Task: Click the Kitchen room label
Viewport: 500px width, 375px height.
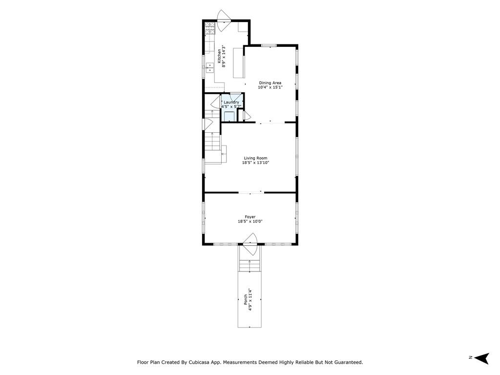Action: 219,56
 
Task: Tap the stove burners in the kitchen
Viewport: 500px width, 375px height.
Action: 209,28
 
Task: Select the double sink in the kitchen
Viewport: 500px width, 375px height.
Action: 210,67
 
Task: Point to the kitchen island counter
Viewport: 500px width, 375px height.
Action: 238,63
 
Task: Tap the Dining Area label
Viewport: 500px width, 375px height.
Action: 270,83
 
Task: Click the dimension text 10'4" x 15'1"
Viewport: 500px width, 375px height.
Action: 271,87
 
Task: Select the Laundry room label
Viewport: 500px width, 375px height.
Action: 231,102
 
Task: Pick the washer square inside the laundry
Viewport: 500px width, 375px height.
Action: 229,116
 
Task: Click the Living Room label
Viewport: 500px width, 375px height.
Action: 255,158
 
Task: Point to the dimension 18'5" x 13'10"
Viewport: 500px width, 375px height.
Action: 255,163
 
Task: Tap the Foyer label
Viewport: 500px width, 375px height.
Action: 250,217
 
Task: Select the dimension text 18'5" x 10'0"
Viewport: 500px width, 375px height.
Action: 250,221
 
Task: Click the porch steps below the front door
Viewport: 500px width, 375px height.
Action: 250,266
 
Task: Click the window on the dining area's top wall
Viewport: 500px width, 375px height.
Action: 269,45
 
